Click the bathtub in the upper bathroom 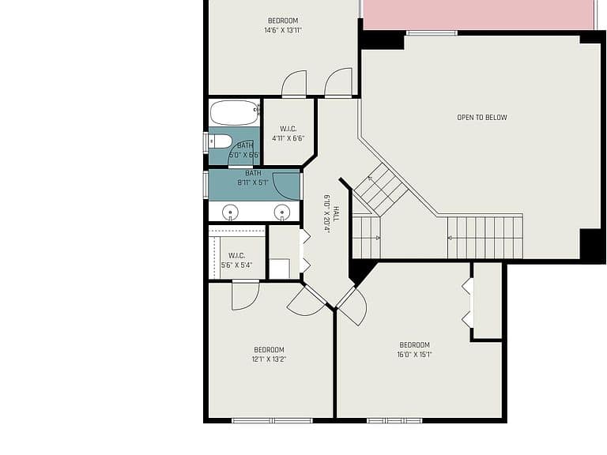[x=235, y=113]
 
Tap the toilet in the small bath [x=221, y=141]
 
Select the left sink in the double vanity [x=230, y=212]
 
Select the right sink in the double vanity [x=282, y=212]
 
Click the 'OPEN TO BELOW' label [x=482, y=117]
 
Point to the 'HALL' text [x=336, y=214]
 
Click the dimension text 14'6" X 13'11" [x=283, y=30]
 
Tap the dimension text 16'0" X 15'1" [x=414, y=355]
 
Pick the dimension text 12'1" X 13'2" [x=269, y=359]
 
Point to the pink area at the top [x=478, y=14]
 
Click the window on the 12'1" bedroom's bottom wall [x=272, y=420]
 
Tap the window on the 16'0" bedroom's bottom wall [x=394, y=420]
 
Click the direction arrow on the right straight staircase [x=451, y=238]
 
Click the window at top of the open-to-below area [x=432, y=33]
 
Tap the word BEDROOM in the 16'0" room [x=414, y=344]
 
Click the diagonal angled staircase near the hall [x=381, y=190]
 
